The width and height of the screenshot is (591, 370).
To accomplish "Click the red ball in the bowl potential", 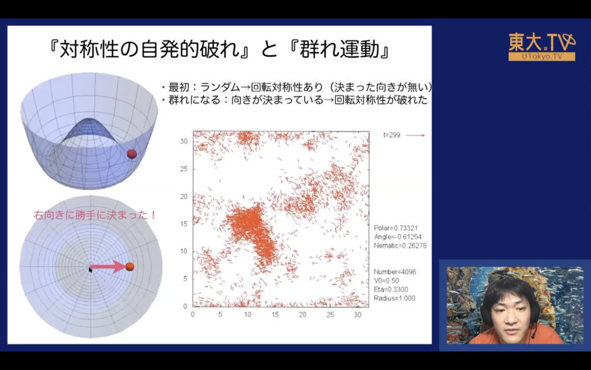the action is click(x=132, y=154).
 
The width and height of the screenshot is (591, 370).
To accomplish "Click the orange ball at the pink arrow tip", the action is click(x=130, y=267).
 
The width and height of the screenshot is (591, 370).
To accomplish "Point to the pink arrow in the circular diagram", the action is click(x=107, y=267).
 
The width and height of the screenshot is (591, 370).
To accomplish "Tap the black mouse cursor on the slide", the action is click(x=91, y=269).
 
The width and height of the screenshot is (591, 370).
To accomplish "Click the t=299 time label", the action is click(x=392, y=135).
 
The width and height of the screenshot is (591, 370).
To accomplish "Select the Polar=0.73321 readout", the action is click(x=396, y=228).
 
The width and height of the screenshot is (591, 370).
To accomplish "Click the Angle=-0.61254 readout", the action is click(x=398, y=236).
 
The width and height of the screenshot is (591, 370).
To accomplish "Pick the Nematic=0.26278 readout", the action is click(x=401, y=246).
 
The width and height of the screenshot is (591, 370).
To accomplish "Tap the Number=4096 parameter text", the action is click(x=395, y=272).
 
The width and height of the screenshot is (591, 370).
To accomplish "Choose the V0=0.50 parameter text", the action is click(x=386, y=280).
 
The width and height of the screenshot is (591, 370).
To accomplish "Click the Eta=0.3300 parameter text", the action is click(x=391, y=290).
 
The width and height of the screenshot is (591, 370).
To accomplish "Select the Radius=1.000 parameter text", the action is click(x=394, y=298).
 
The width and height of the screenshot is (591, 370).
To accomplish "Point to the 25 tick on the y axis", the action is click(x=184, y=169).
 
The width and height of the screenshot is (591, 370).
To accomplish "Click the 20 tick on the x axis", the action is click(x=302, y=314).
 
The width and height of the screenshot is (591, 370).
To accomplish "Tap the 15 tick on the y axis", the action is click(x=184, y=224).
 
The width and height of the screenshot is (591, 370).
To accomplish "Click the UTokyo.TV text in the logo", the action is click(x=542, y=57).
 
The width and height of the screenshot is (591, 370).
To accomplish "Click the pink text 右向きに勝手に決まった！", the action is click(x=95, y=215).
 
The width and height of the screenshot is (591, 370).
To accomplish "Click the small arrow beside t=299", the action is click(x=416, y=135).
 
